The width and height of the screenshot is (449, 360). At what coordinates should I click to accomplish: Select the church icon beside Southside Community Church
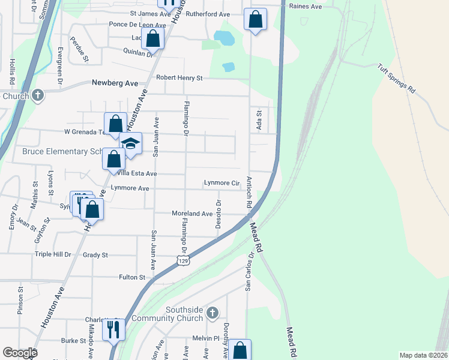click(x=211, y=313)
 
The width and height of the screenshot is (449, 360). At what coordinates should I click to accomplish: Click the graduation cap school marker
click(x=130, y=143)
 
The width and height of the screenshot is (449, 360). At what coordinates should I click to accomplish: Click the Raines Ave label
click(x=306, y=6)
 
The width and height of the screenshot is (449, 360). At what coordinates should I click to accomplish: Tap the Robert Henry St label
click(x=179, y=77)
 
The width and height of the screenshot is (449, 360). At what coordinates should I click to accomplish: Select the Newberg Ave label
click(x=115, y=83)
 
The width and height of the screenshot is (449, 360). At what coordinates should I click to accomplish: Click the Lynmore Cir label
click(x=222, y=183)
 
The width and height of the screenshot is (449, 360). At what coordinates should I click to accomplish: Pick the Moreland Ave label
click(x=192, y=214)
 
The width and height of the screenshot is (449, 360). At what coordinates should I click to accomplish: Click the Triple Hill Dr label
click(x=53, y=254)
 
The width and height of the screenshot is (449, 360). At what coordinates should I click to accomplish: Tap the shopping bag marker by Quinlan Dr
click(x=153, y=38)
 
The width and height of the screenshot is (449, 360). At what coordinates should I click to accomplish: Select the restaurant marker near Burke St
click(x=112, y=329)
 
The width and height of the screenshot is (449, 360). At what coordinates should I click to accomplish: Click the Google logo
click(x=20, y=353)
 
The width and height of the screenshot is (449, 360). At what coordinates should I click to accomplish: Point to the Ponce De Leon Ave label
click(x=137, y=25)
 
